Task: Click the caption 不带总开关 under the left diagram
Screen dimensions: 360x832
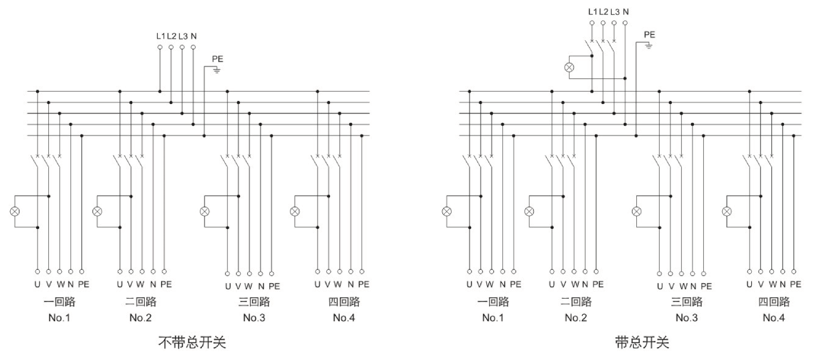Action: coord(192,342)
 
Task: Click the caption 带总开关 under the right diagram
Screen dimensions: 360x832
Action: coord(642,342)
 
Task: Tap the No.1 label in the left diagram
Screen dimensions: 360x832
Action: coord(59,318)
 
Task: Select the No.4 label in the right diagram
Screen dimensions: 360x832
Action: coord(773,318)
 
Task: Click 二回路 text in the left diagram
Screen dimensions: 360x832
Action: coord(141,302)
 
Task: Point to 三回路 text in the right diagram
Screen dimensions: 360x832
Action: coord(686,302)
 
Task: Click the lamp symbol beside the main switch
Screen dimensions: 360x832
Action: coord(569,67)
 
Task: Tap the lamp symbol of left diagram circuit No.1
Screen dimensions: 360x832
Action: coord(15,211)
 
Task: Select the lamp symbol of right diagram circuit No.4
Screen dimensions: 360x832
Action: coord(727,211)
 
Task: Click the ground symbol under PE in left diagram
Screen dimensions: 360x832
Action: coord(217,70)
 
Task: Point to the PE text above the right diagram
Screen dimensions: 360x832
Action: coord(649,35)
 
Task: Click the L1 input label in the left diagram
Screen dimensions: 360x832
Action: coord(161,36)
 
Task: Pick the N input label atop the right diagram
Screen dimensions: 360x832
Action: coord(626,11)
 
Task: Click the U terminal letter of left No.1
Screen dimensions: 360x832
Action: coord(37,284)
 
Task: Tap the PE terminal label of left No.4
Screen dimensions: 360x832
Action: coord(363,284)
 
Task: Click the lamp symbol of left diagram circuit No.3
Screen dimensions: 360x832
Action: coord(204,211)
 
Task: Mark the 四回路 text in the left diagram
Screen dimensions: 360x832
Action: coord(344,302)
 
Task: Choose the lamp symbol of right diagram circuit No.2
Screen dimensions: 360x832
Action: coord(529,211)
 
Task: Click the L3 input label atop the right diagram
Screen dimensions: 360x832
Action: coord(615,11)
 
